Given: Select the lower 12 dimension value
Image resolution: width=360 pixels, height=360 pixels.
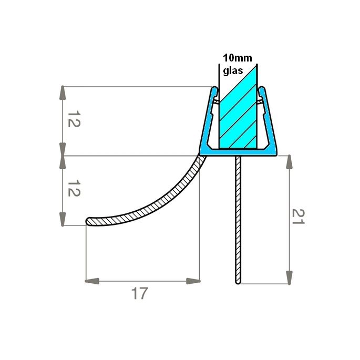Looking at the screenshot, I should [x=73, y=190].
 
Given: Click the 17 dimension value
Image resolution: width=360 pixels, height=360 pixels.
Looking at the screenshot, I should [x=139, y=293].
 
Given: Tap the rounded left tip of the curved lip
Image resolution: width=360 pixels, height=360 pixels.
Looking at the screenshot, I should [x=88, y=221].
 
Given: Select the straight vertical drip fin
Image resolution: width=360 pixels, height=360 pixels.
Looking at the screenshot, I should [x=238, y=221].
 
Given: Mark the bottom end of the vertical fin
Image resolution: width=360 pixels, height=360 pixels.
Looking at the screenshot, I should [x=238, y=282].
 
